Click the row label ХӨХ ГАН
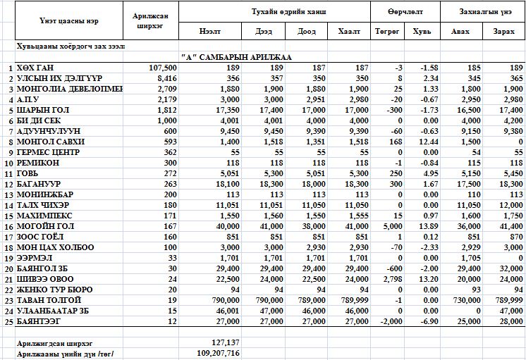35,68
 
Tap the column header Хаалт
349,32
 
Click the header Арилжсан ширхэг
148,21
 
